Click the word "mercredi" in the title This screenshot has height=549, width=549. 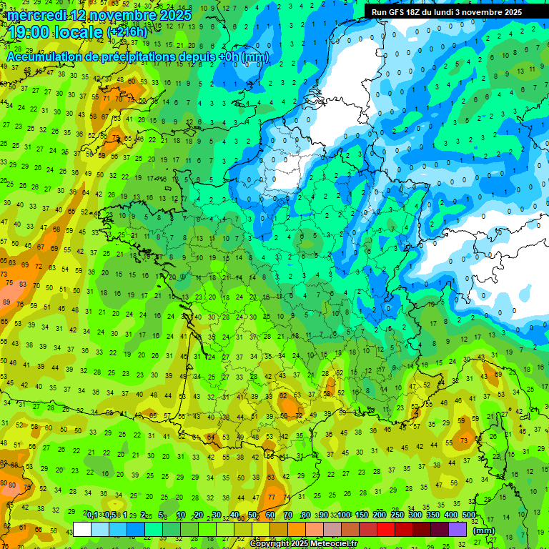[x=36, y=15]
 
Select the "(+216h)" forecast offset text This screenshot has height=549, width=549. [x=128, y=33]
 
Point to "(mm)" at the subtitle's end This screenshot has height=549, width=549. [x=255, y=57]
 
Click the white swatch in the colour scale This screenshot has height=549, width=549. [x=82, y=530]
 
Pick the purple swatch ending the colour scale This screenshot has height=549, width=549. [x=457, y=530]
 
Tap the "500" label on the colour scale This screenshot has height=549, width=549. [x=469, y=515]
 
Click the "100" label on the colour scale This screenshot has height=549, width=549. [x=344, y=515]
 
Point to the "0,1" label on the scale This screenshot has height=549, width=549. [x=92, y=515]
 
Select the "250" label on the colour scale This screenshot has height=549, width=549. [x=397, y=515]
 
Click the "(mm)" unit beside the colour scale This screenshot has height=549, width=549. [x=484, y=530]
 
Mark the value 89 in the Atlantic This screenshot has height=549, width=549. [x=6, y=302]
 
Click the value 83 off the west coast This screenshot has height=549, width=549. [x=24, y=285]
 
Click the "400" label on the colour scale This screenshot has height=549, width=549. [x=451, y=515]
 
